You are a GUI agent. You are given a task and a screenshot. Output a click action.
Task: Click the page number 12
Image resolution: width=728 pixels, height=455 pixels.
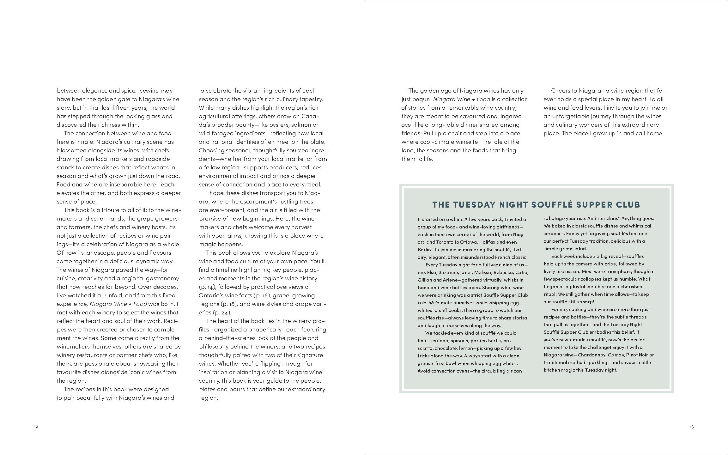[x=36, y=427]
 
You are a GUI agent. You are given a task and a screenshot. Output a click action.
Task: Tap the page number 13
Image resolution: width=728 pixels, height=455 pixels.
[x=691, y=427]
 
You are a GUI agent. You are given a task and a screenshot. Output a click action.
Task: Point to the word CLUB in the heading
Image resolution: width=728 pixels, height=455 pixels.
[x=628, y=205]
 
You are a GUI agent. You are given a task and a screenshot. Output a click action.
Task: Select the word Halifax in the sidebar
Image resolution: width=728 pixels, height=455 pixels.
[x=489, y=242]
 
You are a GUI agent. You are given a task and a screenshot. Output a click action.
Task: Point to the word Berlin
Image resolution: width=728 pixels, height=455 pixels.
[x=425, y=250]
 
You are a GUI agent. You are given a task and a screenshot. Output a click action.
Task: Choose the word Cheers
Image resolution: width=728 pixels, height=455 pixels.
[x=561, y=91]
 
